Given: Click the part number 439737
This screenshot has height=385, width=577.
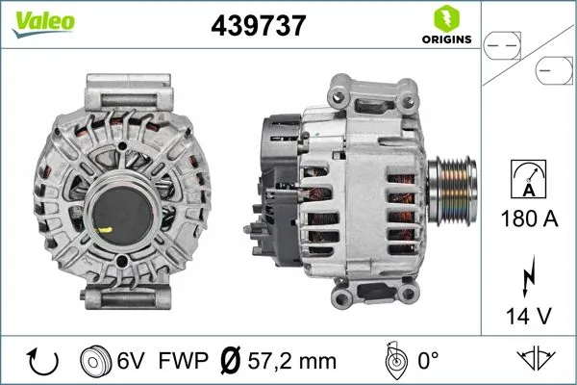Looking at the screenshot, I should point(258,27).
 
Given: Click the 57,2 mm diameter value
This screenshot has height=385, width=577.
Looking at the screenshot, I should point(292,361).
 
